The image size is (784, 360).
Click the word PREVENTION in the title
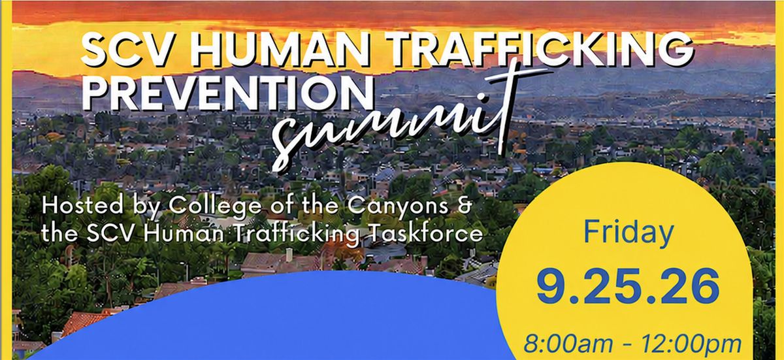227,91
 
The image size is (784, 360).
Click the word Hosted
82,205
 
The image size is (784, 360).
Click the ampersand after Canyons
464,206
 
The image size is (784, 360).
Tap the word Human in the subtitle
184,233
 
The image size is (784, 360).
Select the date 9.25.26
628,287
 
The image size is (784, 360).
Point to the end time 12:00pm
692,345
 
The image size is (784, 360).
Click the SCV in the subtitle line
110,234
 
